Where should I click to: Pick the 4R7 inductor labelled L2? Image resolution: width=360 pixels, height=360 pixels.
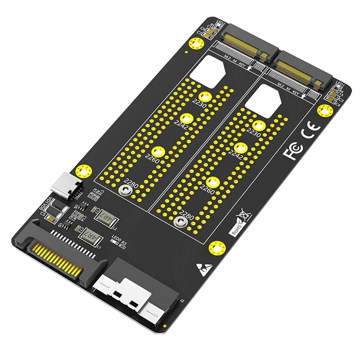click(x=107, y=217)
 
